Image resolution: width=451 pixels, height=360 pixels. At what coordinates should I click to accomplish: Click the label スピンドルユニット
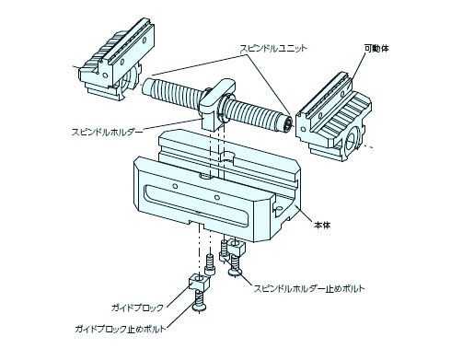[273, 49]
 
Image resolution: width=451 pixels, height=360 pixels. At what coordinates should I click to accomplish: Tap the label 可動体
[376, 49]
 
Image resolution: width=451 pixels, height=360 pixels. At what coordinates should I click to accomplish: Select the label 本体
[322, 225]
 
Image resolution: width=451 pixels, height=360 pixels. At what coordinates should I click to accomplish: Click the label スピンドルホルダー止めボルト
[309, 288]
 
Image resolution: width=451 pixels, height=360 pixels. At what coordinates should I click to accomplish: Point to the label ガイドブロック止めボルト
[121, 329]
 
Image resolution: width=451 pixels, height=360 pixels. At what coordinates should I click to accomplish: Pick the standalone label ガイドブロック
[137, 308]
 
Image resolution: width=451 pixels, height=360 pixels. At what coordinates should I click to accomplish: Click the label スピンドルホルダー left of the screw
[107, 132]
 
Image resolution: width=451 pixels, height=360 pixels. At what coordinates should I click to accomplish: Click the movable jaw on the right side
[333, 118]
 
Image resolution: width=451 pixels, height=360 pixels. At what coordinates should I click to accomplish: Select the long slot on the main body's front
[196, 204]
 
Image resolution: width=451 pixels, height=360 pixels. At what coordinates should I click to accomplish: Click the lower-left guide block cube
[199, 282]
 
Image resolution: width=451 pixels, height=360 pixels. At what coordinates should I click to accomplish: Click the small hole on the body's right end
[279, 209]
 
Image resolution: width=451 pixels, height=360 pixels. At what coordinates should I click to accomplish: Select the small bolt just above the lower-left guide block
[210, 263]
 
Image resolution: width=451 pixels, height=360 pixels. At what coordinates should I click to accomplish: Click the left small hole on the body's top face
[175, 186]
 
